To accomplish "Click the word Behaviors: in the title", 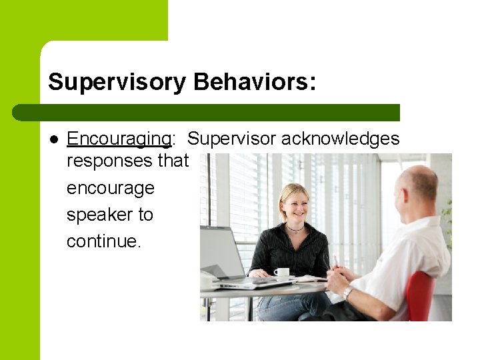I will point(255,82).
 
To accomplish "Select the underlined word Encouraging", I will point(119,139).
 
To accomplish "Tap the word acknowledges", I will point(340,139).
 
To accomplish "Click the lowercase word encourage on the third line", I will point(110,188).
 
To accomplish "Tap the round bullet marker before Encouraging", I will point(54,139).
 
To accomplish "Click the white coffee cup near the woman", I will point(282,272).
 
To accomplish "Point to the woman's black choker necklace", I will point(295,229).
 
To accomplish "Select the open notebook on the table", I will point(309,279).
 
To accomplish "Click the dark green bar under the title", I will point(207,112).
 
